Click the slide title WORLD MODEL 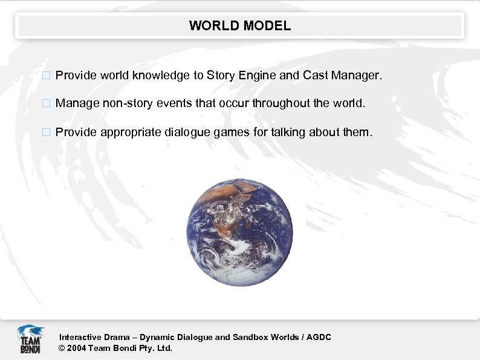[x=240, y=26]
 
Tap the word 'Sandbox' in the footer [x=249, y=337]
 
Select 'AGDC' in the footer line [x=319, y=337]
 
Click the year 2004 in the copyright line [x=77, y=348]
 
